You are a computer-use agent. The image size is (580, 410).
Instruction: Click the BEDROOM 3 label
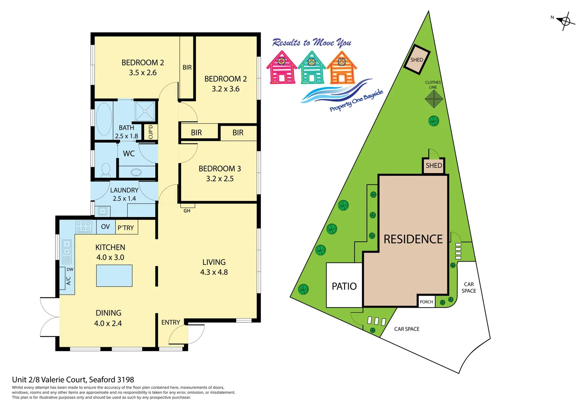point(220,169)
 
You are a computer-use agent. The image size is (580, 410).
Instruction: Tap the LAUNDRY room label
point(124,190)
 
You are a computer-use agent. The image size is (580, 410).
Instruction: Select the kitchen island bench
point(114,276)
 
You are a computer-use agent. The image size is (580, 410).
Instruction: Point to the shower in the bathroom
point(145,111)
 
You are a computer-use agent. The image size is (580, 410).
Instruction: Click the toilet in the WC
point(106,170)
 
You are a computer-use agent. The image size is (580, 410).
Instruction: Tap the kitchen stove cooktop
point(84,227)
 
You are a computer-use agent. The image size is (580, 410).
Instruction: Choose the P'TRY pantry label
point(126,228)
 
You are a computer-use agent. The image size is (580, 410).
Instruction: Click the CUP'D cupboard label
point(151,132)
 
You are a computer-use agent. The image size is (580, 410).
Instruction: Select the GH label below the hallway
point(187,211)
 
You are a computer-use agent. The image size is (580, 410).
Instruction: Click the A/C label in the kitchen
point(69,281)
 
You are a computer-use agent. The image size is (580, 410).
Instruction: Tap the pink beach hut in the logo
point(281,68)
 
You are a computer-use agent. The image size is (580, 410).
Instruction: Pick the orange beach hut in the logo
point(341,68)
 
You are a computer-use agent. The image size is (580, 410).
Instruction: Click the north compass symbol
point(565,21)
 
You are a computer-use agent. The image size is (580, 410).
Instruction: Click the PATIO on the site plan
point(344,286)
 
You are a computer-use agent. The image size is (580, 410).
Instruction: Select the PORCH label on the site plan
point(426,302)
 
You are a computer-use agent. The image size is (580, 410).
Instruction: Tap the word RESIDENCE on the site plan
point(413,239)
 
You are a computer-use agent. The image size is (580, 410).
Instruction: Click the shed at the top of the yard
point(417,60)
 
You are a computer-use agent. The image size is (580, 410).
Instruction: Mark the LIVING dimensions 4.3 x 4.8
point(214,272)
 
